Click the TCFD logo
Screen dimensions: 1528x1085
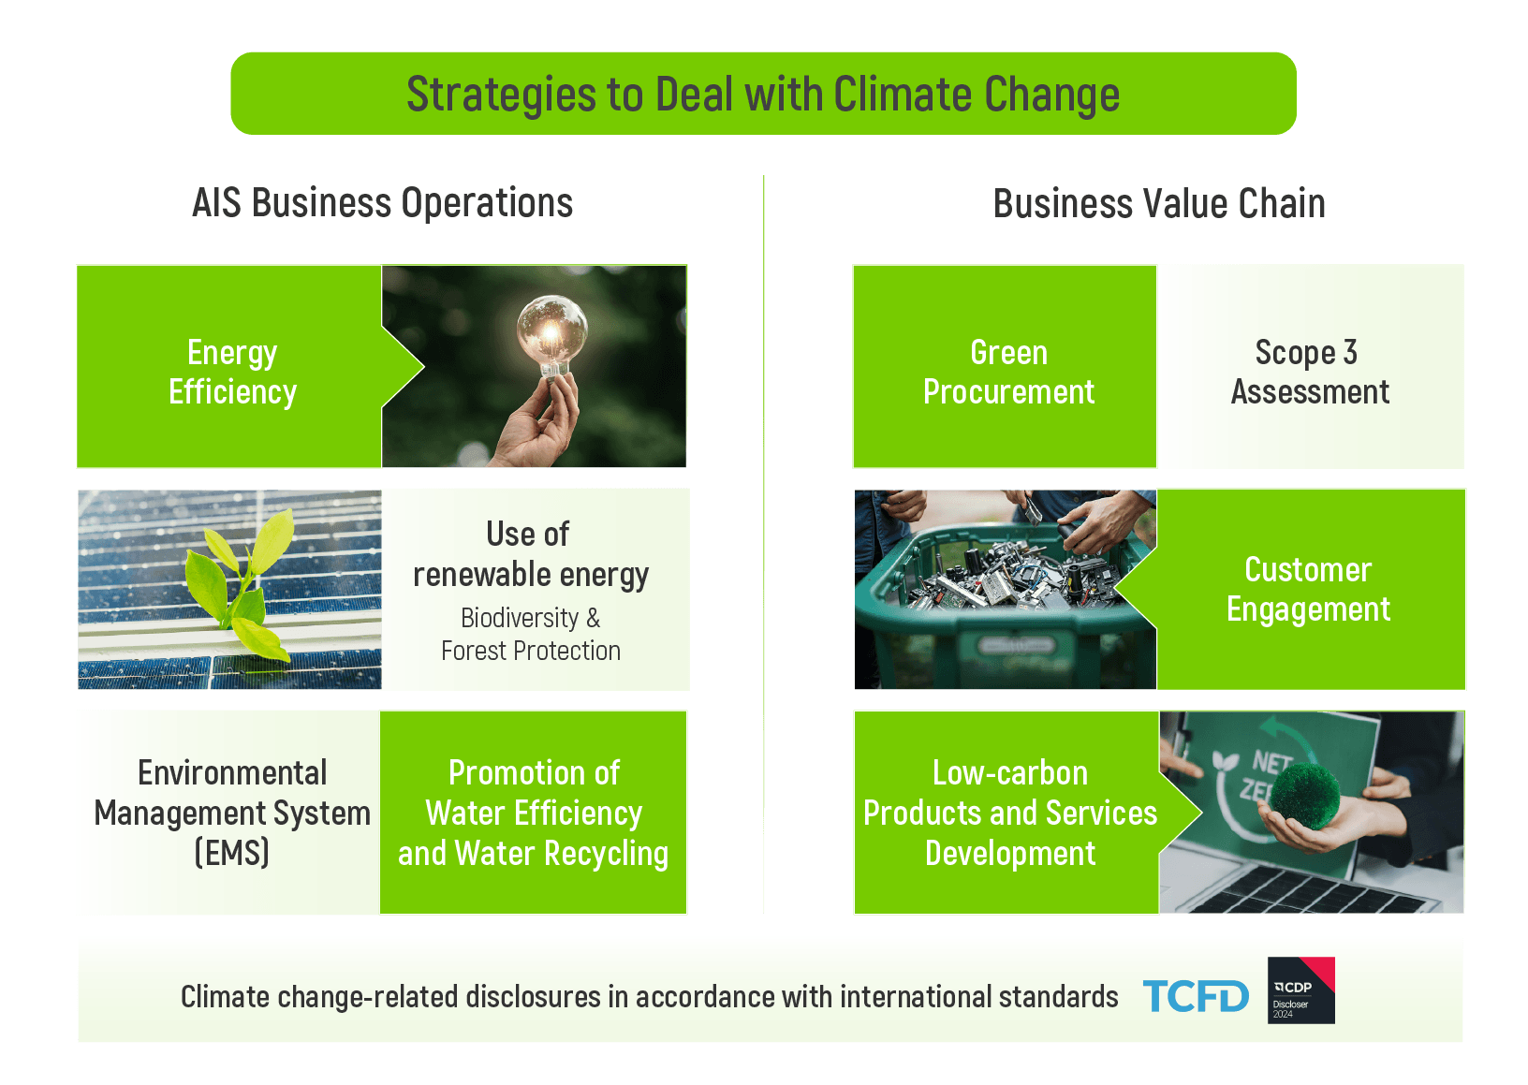click(1195, 996)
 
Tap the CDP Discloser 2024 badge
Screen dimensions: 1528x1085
click(1300, 990)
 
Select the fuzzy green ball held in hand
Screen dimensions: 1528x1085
click(1305, 798)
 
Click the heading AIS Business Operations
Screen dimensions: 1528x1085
click(382, 203)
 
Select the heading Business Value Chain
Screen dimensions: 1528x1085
click(1158, 204)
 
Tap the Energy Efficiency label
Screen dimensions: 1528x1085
click(232, 373)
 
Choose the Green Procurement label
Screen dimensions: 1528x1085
click(1008, 373)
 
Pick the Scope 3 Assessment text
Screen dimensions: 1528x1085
click(1310, 373)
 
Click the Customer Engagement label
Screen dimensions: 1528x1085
click(1308, 589)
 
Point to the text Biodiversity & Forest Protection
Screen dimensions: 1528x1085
click(531, 634)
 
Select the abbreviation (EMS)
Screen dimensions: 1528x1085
click(232, 853)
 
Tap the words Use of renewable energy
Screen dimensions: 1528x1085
click(531, 554)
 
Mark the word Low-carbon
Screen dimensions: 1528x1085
click(1009, 773)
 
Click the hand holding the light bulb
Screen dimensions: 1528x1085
click(539, 423)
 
